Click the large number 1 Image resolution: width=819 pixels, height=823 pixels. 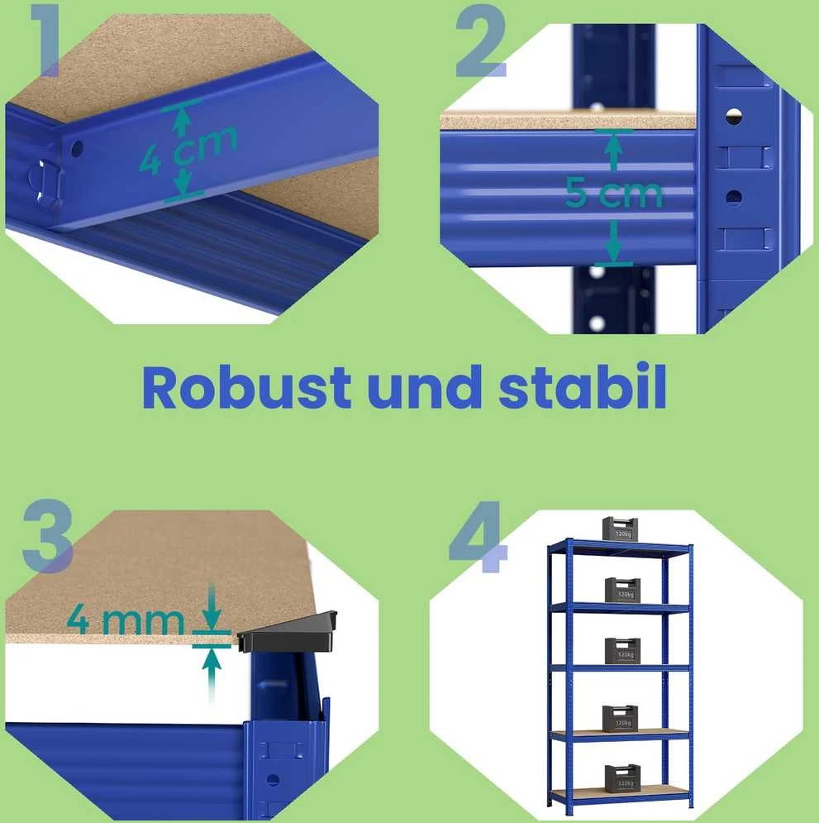point(45,41)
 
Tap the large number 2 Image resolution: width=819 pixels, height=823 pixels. point(481,41)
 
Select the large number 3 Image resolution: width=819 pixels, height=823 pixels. point(47,536)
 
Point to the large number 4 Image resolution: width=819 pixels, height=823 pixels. point(479,537)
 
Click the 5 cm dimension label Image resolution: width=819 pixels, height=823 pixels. point(613,193)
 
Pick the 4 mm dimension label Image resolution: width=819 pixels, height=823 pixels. point(126,620)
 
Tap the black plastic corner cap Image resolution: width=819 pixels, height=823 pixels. point(288,631)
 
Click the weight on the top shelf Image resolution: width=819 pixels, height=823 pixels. point(620,529)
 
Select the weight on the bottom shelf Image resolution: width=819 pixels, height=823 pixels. point(622,778)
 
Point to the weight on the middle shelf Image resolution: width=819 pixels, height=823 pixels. point(622,651)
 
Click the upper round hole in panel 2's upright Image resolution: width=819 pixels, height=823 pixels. point(734,116)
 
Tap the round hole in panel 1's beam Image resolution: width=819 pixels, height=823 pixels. point(77,149)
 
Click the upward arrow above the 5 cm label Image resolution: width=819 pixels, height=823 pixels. point(613,151)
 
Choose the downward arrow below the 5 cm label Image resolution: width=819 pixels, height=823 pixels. point(613,241)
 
